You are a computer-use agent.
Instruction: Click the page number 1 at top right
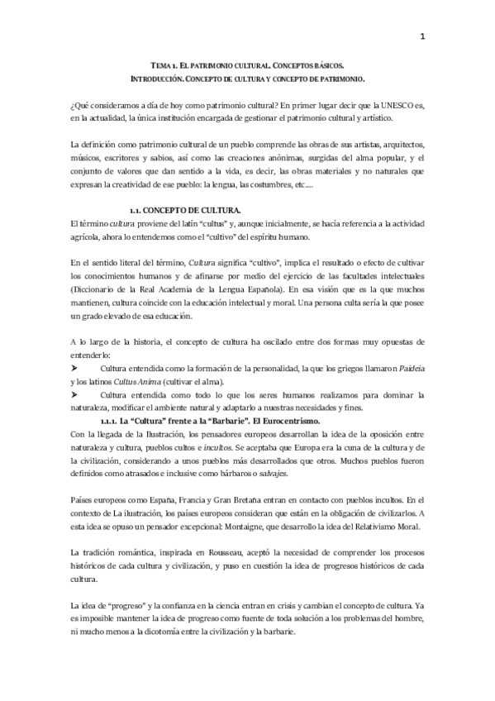[x=422, y=36]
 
